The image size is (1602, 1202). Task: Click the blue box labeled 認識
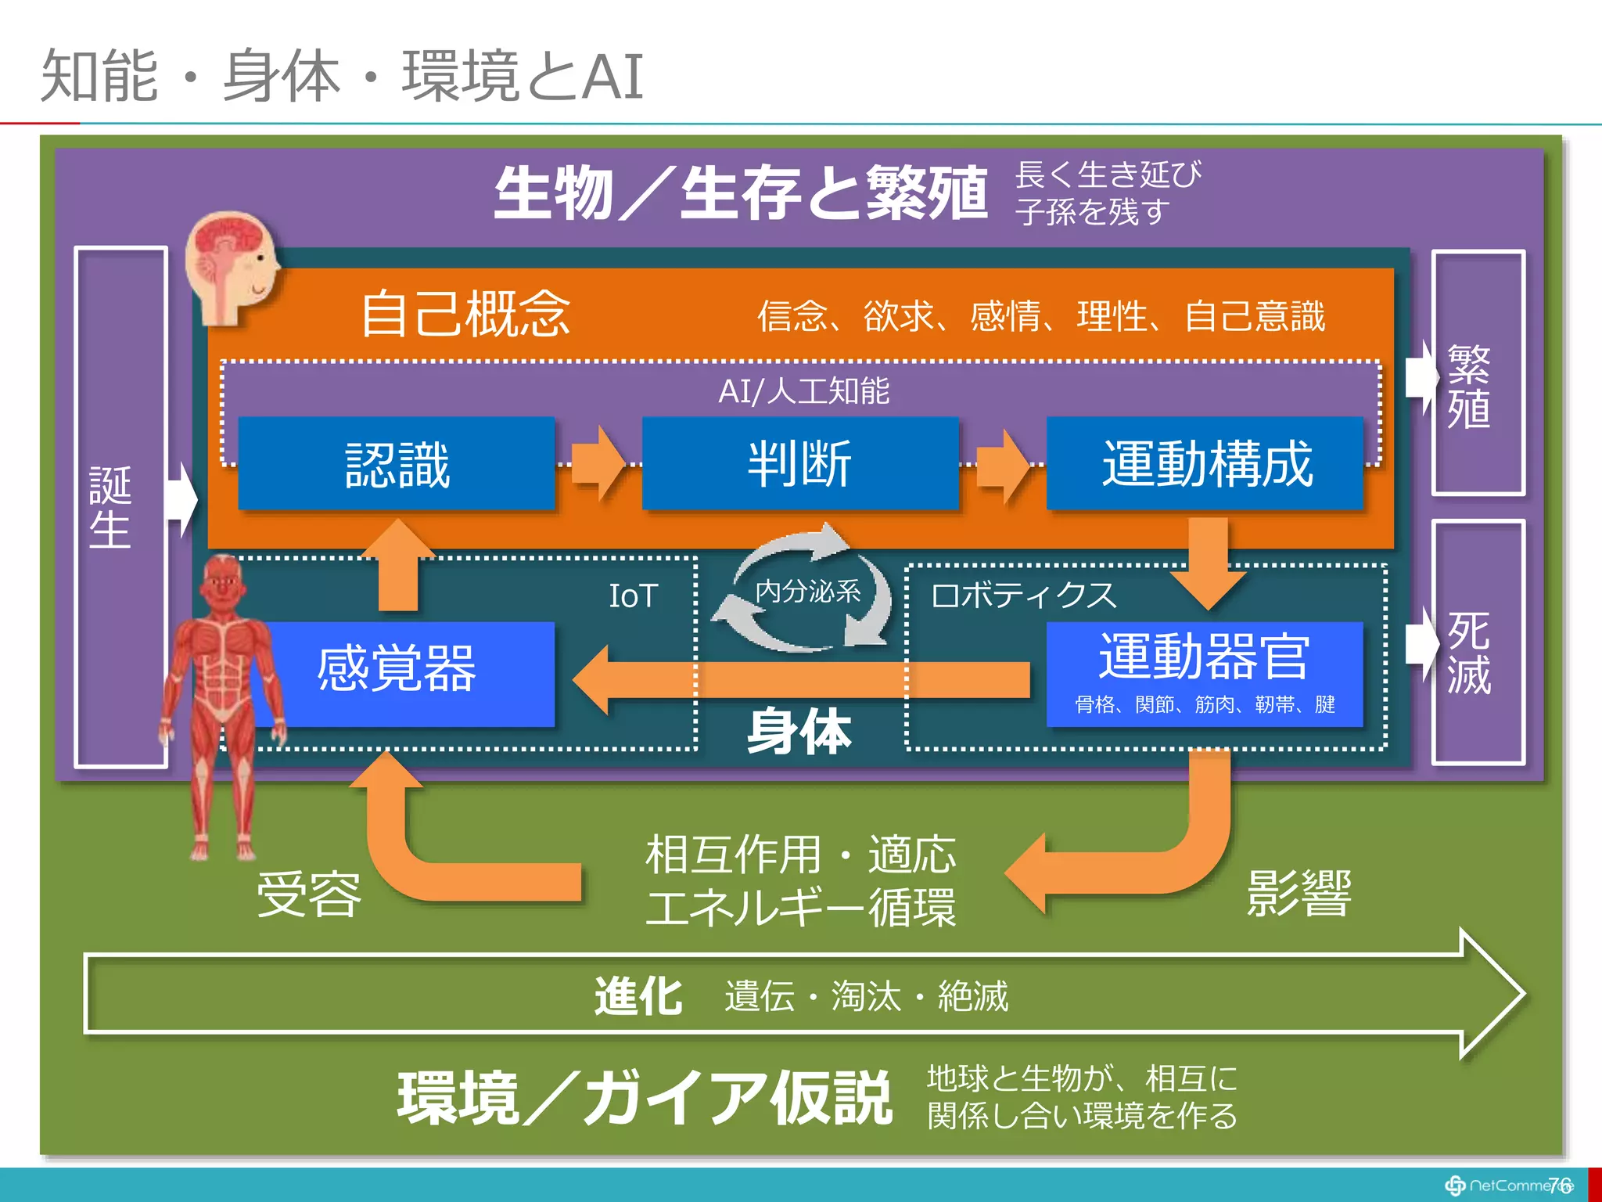[397, 464]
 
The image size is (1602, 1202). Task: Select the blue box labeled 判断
[799, 464]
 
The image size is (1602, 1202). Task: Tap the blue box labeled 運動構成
[1205, 464]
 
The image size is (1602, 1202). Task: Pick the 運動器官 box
[1205, 671]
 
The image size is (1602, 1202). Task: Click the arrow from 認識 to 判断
[598, 463]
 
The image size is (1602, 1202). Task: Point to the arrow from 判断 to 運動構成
[1004, 465]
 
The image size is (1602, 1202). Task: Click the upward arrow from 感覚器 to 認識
[398, 565]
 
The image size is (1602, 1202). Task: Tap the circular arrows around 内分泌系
[806, 590]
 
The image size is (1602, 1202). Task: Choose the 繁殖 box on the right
[1477, 372]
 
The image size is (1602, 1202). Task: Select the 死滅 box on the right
[1477, 642]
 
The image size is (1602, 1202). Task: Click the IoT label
[633, 596]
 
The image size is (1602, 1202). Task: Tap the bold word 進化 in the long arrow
[638, 997]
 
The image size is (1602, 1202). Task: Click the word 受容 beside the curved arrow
[310, 894]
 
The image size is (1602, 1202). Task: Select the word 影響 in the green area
[1298, 893]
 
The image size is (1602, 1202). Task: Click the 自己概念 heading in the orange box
[465, 315]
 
